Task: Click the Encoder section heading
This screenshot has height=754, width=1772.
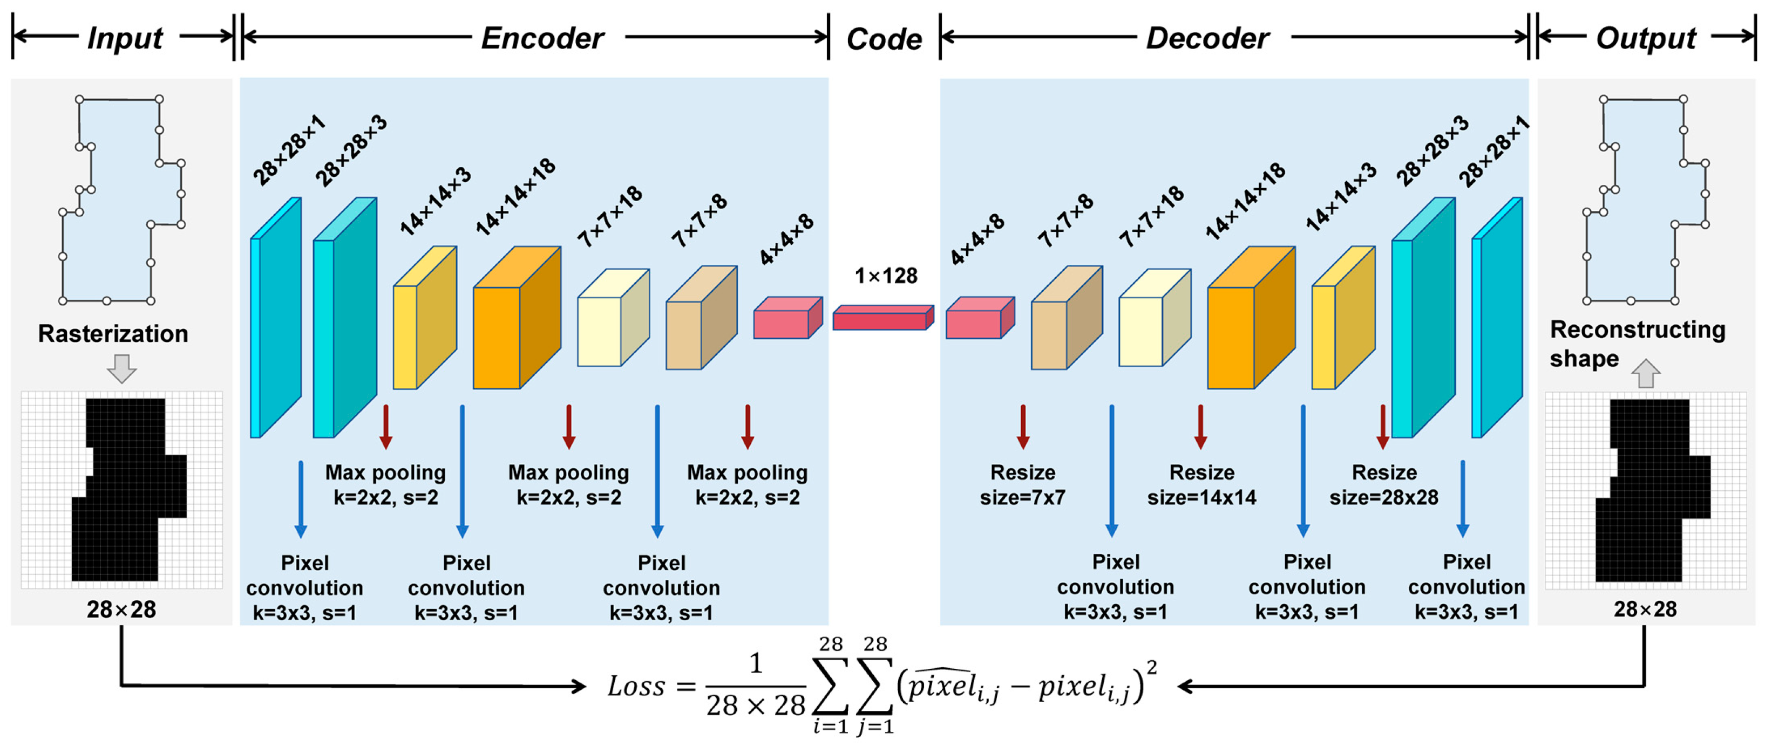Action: pyautogui.click(x=542, y=38)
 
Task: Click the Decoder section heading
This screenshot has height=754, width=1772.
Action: pyautogui.click(x=1207, y=38)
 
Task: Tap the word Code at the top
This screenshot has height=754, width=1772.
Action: pyautogui.click(x=884, y=39)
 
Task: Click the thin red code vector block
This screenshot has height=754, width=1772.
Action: pyautogui.click(x=882, y=319)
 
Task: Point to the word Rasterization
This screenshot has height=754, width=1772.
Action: pyautogui.click(x=113, y=333)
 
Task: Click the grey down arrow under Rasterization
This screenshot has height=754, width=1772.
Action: pyautogui.click(x=122, y=368)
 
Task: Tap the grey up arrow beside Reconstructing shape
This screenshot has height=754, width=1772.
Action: pyautogui.click(x=1645, y=373)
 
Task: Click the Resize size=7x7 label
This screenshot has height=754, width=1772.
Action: pyautogui.click(x=1022, y=484)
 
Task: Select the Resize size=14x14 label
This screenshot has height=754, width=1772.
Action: pyautogui.click(x=1201, y=484)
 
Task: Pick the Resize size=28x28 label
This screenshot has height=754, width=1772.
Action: pyautogui.click(x=1383, y=484)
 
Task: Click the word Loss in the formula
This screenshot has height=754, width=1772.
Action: pyautogui.click(x=636, y=686)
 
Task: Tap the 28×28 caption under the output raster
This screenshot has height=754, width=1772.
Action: pyautogui.click(x=1645, y=609)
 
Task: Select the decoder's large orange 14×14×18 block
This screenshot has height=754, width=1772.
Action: pyautogui.click(x=1249, y=320)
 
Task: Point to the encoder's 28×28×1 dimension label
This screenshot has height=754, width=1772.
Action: pyautogui.click(x=288, y=150)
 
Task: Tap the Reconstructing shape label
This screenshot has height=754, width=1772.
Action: pyautogui.click(x=1637, y=344)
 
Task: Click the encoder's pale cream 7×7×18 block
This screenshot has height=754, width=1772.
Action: pyautogui.click(x=611, y=320)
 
